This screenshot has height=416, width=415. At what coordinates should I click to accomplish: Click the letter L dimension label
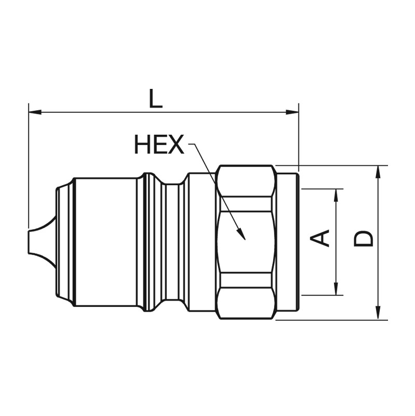(x=155, y=98)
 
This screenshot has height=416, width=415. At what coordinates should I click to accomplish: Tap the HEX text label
(x=159, y=145)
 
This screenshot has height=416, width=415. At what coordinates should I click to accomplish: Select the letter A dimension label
(x=320, y=238)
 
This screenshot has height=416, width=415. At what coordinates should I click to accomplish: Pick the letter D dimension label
(x=364, y=238)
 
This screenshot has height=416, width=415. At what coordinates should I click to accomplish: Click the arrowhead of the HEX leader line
(x=242, y=234)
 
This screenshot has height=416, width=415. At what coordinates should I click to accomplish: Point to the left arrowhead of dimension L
(x=35, y=112)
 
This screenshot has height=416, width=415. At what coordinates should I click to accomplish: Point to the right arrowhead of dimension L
(x=292, y=112)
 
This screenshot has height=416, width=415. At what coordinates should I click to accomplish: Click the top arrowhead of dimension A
(x=336, y=196)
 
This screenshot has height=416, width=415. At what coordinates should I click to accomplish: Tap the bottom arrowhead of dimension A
(x=336, y=289)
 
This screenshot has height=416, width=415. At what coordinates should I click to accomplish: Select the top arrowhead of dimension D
(x=379, y=172)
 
